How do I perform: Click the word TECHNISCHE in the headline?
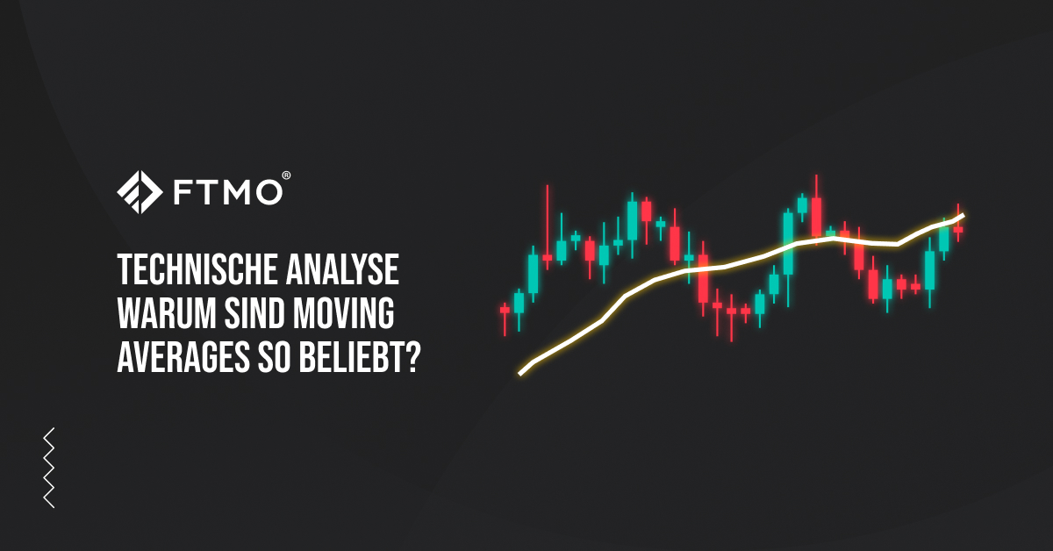click(x=197, y=270)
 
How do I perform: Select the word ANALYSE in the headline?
click(x=343, y=270)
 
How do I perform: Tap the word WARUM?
click(x=167, y=313)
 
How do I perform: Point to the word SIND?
click(x=254, y=313)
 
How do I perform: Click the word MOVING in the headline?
click(x=344, y=313)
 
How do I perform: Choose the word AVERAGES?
click(x=183, y=357)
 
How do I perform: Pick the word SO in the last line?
click(x=274, y=357)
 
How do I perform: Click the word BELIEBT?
click(x=351, y=357)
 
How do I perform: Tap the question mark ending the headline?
click(x=412, y=357)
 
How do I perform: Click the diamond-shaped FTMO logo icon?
click(x=140, y=192)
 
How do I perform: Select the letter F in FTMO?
click(x=183, y=192)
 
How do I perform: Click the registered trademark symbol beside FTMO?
click(x=286, y=175)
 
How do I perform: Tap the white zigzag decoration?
click(x=49, y=468)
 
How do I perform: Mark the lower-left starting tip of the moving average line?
click(x=519, y=375)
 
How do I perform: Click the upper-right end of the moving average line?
click(x=963, y=216)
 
